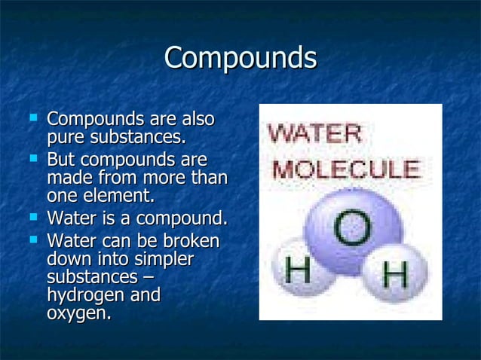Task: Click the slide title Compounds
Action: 240,59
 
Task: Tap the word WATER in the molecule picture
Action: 315,136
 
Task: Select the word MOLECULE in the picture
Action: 346,167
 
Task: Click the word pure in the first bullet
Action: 66,139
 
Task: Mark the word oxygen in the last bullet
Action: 78,314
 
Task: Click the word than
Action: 209,178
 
